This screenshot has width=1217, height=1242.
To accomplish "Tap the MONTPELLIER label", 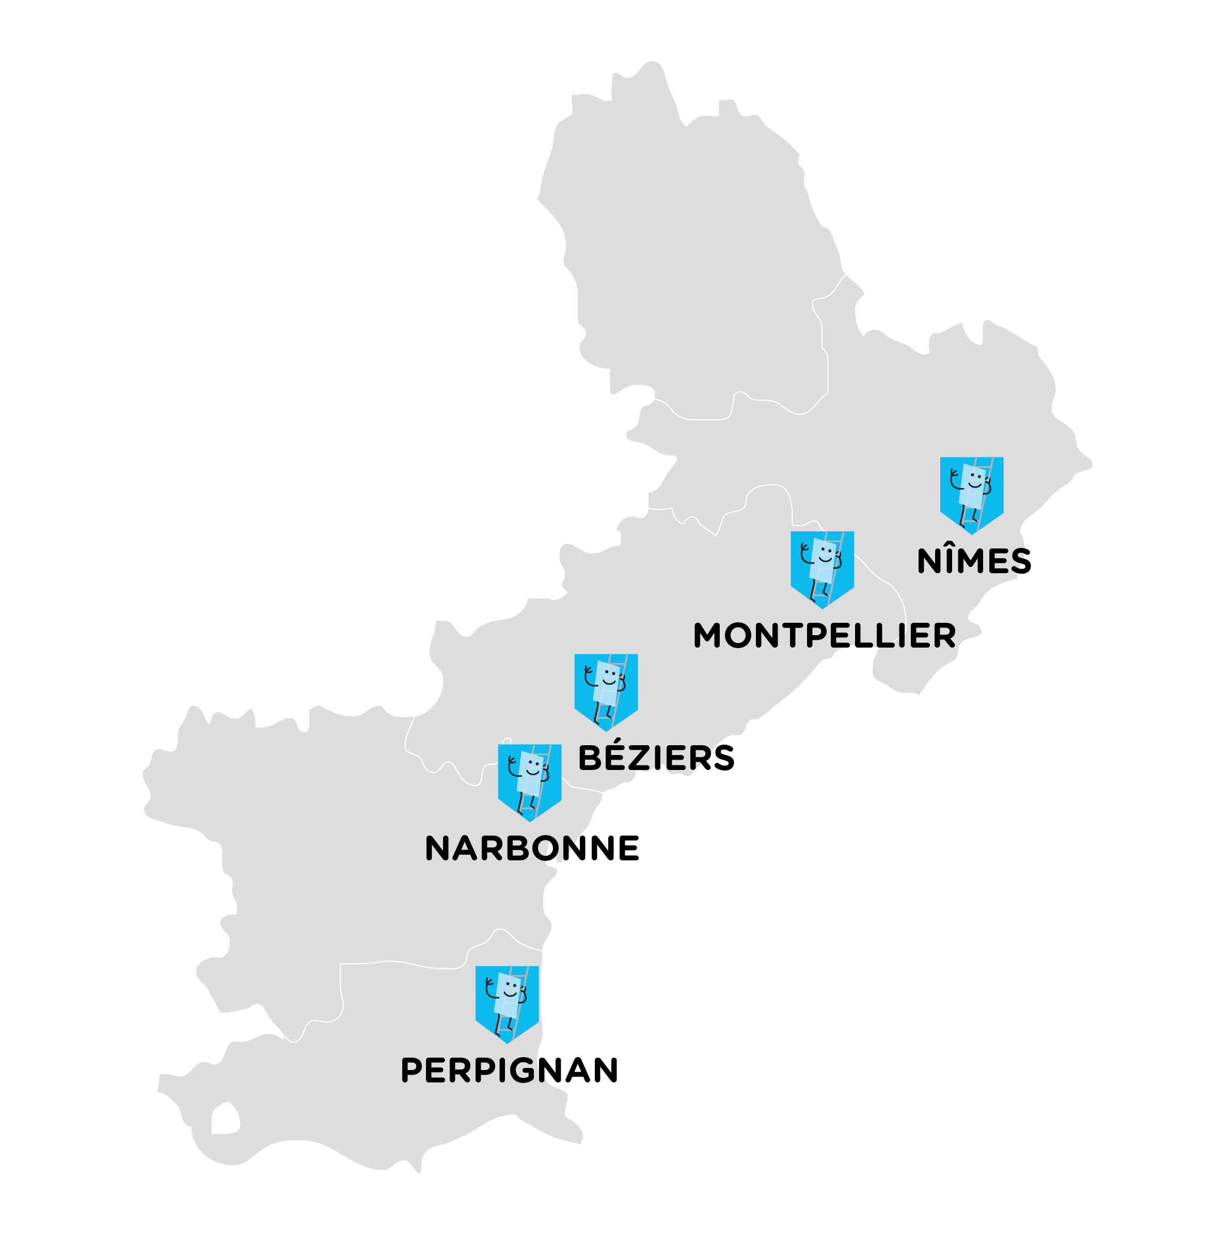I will (x=825, y=636).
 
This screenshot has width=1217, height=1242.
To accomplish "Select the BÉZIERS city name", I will (x=656, y=758).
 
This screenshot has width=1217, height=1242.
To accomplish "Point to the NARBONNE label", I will (x=532, y=849).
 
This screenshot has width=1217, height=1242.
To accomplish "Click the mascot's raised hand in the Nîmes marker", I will (x=954, y=474).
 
